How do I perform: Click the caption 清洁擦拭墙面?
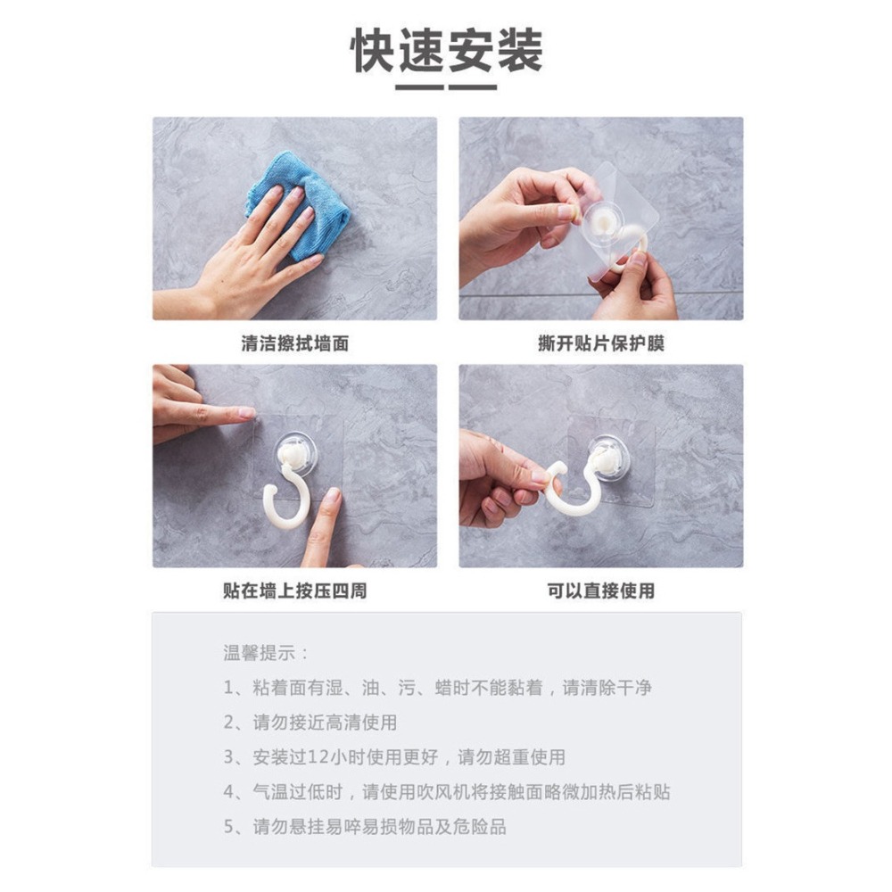click(x=294, y=343)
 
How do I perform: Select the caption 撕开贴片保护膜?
click(x=600, y=343)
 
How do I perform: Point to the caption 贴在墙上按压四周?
click(x=294, y=591)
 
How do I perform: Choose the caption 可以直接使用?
click(x=600, y=591)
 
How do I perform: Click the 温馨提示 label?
click(x=266, y=653)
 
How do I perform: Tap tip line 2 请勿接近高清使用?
click(x=310, y=723)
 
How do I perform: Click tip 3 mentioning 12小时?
click(x=393, y=757)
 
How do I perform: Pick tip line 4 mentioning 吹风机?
click(x=446, y=792)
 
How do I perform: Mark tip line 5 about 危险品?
click(x=364, y=827)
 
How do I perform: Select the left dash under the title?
click(x=419, y=87)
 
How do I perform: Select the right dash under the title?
click(x=473, y=87)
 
